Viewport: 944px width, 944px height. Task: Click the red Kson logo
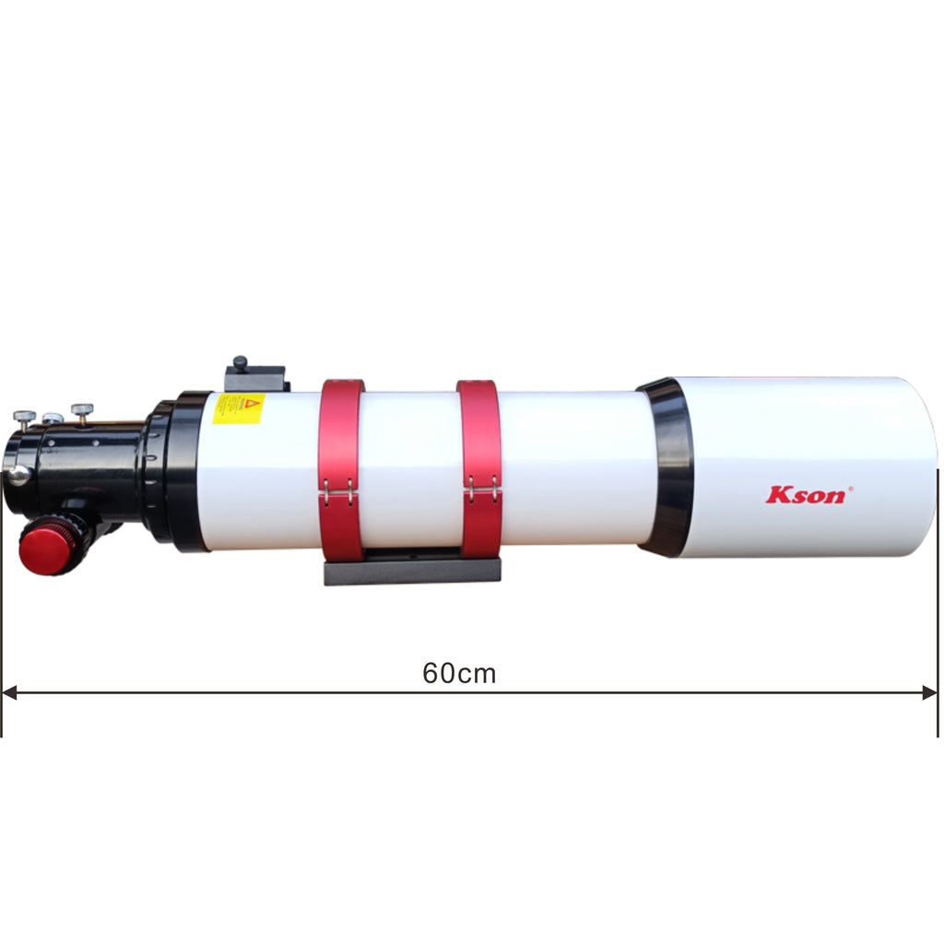click(x=804, y=495)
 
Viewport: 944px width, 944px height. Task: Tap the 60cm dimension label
click(x=459, y=674)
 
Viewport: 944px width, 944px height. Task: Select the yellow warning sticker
click(x=239, y=408)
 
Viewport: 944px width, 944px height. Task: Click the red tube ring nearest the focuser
click(x=342, y=470)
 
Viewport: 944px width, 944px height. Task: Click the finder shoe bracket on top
click(x=255, y=377)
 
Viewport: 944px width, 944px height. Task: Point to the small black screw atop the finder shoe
click(x=241, y=363)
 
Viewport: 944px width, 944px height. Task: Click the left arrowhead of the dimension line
click(x=9, y=692)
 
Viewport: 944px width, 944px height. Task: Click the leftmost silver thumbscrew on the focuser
click(x=25, y=417)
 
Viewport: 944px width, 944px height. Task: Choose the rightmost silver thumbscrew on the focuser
click(x=83, y=410)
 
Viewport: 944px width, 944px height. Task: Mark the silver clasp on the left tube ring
click(x=338, y=495)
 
